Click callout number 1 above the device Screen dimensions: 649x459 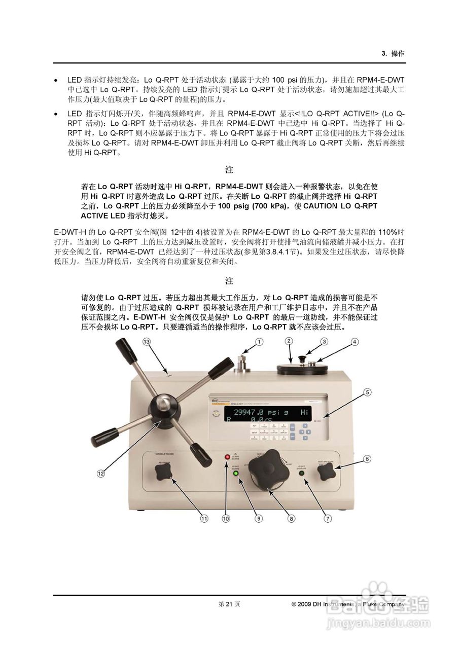point(259,342)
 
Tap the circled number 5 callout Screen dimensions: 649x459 point(367,392)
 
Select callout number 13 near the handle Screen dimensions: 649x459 point(147,342)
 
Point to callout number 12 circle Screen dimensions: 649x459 point(101,473)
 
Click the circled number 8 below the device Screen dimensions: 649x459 point(291,518)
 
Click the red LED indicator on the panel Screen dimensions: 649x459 point(227,457)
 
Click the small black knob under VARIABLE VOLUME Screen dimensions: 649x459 point(163,473)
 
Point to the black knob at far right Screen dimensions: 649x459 point(326,474)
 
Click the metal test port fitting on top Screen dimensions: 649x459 point(241,364)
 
